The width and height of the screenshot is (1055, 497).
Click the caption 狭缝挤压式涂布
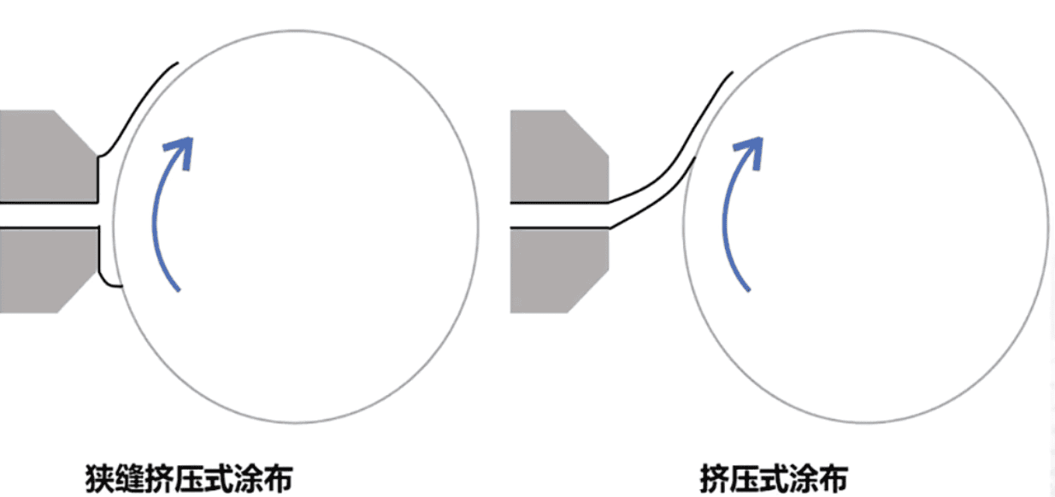click(189, 479)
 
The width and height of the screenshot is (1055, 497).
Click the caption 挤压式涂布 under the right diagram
click(775, 479)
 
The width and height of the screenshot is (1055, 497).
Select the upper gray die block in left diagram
click(47, 157)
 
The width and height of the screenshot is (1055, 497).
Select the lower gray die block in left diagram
click(47, 270)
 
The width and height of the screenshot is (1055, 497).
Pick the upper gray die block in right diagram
click(559, 157)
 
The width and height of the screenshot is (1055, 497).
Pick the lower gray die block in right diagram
click(559, 270)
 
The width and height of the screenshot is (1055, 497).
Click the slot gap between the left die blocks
click(49, 216)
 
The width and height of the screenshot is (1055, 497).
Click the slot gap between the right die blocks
click(559, 216)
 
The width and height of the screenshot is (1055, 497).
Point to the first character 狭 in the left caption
click(100, 479)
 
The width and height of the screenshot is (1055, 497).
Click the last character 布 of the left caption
click(279, 479)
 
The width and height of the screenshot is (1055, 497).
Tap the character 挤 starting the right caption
click(715, 479)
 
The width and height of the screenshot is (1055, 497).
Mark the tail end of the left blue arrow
click(179, 290)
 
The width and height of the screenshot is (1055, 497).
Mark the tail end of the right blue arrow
click(749, 290)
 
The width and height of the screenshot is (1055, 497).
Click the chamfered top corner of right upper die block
click(586, 133)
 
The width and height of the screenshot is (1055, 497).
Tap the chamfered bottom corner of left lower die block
click(78, 292)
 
